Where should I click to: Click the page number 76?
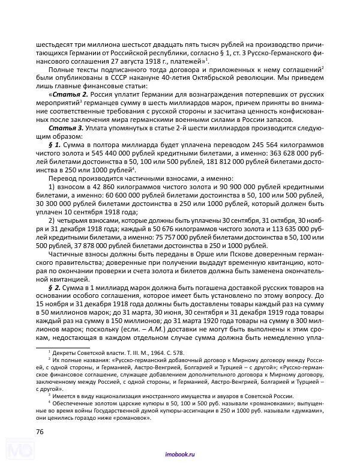coord(40,431)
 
